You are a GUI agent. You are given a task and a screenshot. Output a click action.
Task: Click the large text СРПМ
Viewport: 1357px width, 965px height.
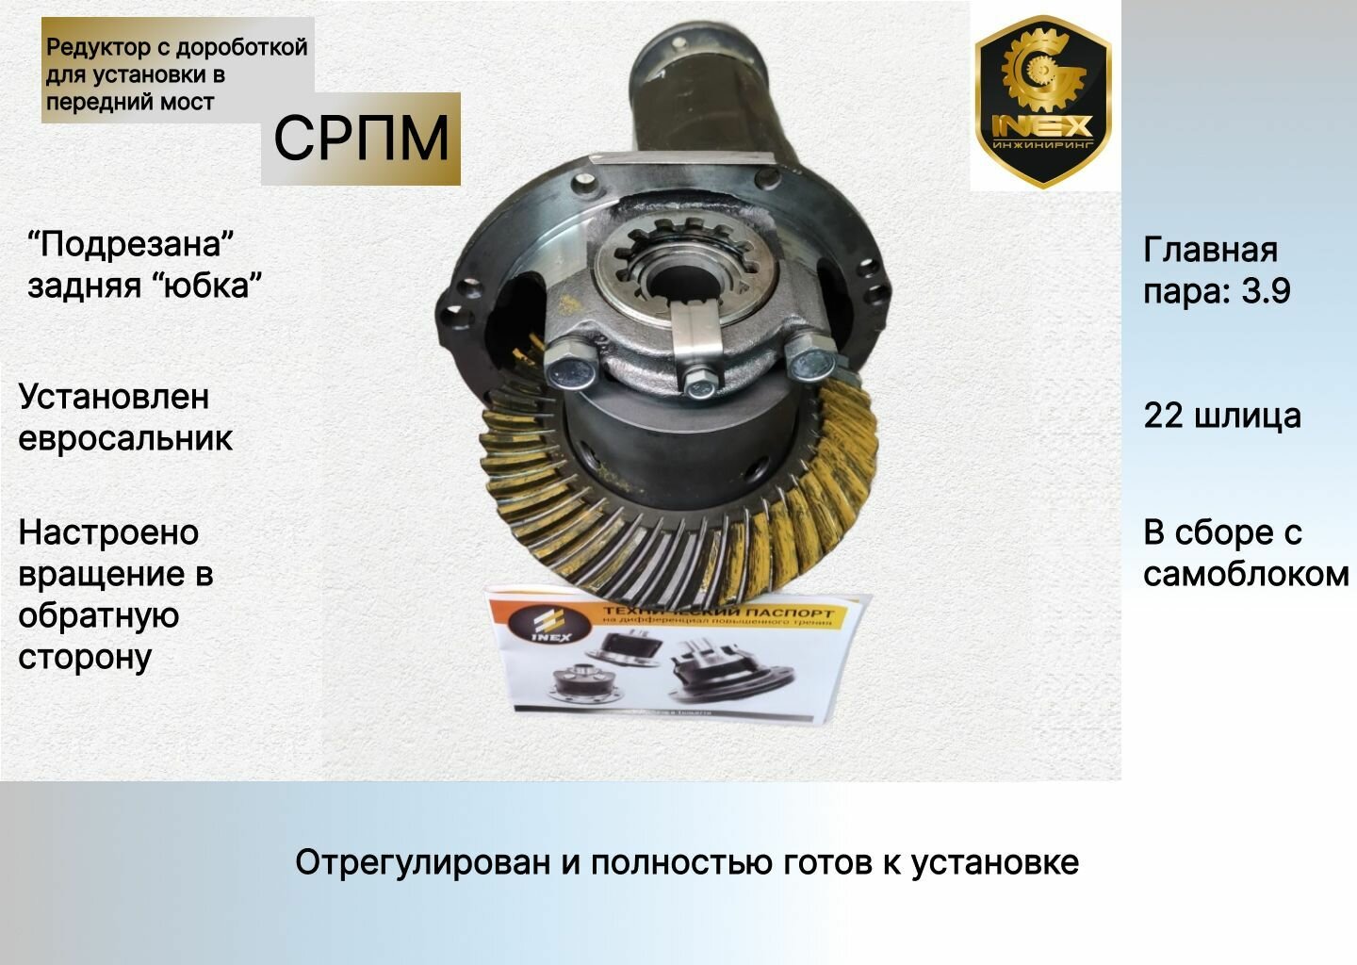(361, 139)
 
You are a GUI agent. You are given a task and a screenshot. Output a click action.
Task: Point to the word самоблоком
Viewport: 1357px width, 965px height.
(1246, 574)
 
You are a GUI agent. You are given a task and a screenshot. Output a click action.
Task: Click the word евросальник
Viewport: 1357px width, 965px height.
(125, 438)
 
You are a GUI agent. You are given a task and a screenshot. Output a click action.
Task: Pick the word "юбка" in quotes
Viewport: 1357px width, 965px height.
(205, 286)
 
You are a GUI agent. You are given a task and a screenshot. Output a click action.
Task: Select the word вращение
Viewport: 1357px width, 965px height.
(115, 574)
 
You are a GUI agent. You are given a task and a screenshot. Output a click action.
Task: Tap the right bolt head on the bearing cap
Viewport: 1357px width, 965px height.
(809, 361)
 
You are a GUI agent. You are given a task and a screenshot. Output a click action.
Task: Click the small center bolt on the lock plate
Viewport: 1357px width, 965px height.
(698, 383)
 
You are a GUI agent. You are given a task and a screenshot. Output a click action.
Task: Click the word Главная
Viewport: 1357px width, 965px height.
(1210, 250)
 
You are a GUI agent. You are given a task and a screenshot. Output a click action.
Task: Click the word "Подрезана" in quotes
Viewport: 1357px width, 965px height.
(131, 244)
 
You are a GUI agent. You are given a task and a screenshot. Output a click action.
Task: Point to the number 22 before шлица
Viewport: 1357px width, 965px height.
(1163, 416)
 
